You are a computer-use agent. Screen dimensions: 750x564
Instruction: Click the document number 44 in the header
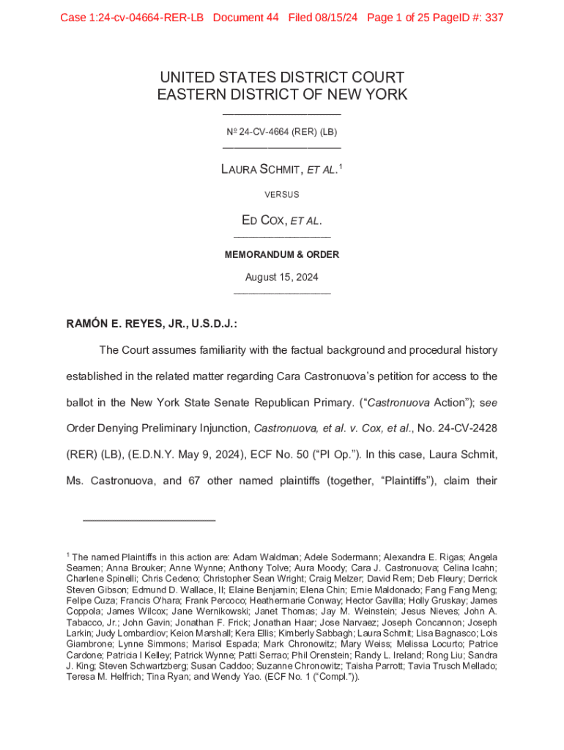coord(271,18)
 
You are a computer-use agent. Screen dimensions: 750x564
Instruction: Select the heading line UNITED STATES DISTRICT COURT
coord(282,78)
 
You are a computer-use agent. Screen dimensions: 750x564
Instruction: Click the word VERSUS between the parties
coord(282,195)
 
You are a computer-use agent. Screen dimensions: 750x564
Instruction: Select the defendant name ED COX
coord(264,220)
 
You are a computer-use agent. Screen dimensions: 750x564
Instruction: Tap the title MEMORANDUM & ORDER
coord(282,255)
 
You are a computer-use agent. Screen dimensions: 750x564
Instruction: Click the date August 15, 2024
coord(282,278)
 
